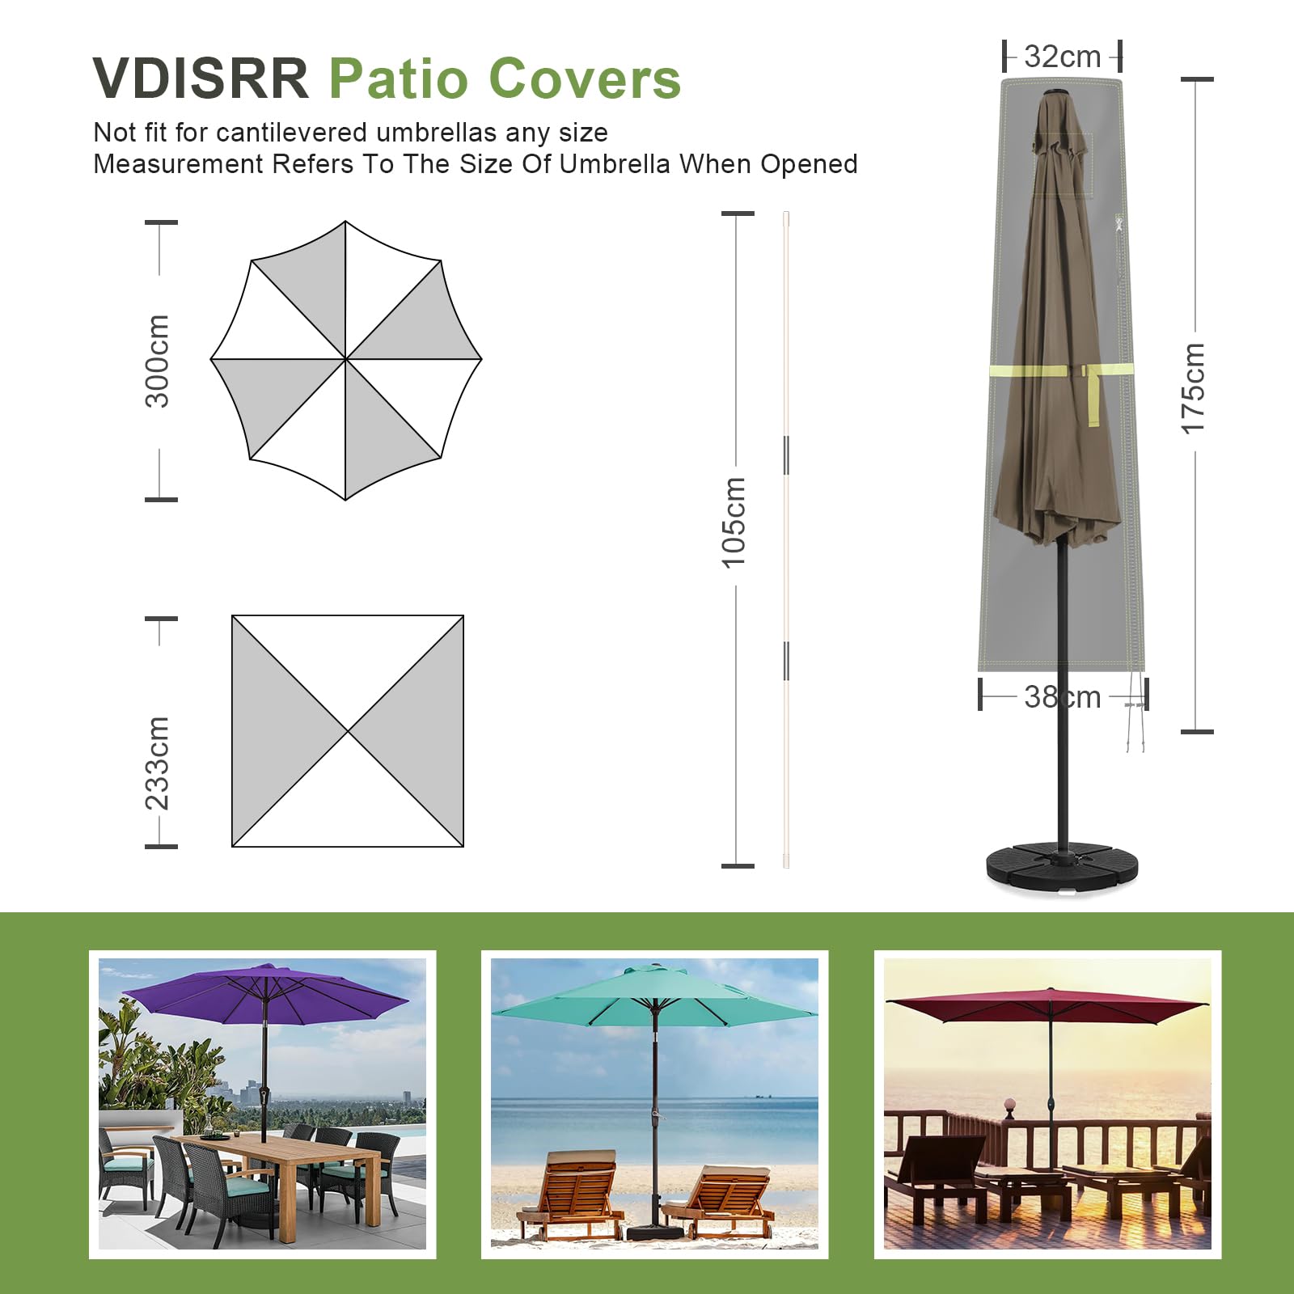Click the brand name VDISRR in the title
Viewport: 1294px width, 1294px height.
pos(201,78)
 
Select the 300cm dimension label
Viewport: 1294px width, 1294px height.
pos(157,361)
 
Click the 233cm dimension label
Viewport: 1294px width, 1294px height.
pos(157,763)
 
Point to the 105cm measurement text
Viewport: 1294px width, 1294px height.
pos(734,522)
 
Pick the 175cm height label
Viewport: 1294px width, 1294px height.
pos(1193,388)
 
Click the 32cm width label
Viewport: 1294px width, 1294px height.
pos(1062,57)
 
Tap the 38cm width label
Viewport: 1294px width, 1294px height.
pos(1062,696)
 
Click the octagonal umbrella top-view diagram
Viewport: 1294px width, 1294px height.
pos(346,361)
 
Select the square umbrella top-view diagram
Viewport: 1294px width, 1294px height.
pos(348,731)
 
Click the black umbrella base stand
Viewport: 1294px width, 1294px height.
pos(1061,868)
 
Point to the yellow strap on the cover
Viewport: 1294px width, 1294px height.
pos(1061,370)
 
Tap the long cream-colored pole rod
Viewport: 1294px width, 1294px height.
pos(786,539)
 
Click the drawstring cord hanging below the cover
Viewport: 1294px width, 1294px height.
pos(1136,712)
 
